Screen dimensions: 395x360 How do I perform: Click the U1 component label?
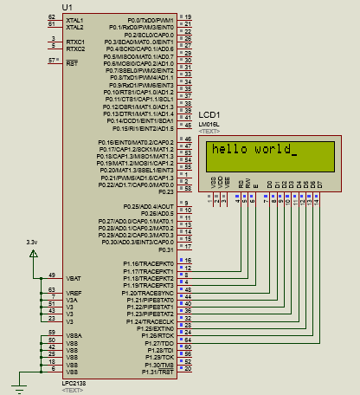68,7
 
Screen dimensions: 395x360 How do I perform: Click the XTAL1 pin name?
75,19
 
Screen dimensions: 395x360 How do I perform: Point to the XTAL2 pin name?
75,27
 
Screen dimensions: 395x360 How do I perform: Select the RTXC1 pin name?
75,42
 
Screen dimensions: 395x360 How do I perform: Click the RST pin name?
72,63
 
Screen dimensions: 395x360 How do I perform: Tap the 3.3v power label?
32,241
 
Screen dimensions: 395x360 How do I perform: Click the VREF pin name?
74,295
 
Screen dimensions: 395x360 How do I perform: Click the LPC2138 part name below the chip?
74,382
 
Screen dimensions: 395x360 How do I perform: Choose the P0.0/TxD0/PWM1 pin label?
151,19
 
